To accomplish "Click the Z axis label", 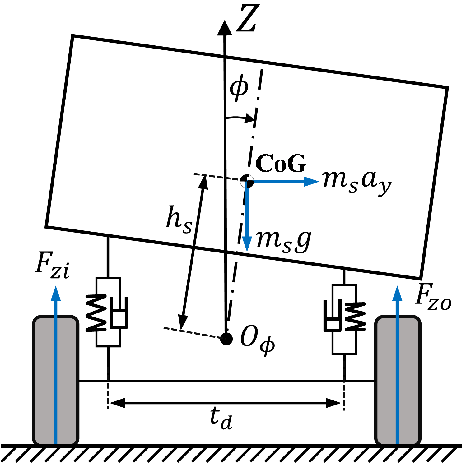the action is (248, 19).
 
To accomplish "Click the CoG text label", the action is (281, 163).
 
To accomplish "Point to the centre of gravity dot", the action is (247, 181).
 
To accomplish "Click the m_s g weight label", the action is (283, 241).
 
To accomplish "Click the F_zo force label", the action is (433, 297).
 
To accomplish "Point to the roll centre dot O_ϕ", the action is (226, 339).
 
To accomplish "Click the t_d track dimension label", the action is (221, 418).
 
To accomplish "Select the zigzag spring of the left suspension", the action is (96, 312).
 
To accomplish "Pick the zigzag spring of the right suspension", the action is (355, 316).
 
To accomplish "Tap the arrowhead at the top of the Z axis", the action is (224, 27).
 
